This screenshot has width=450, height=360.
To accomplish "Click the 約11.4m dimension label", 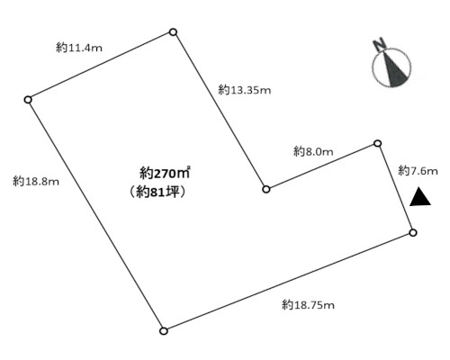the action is point(79,48).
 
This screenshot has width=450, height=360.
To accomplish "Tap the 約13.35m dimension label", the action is point(245,90).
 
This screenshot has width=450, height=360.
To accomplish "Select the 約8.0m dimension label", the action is point(313,151).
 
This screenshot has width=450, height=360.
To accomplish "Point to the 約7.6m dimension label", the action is point(418,171).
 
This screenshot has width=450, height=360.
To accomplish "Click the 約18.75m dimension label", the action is point(308,305).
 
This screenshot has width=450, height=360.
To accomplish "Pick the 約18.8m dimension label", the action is point(36,181).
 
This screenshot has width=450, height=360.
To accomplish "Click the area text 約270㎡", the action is point(165,173).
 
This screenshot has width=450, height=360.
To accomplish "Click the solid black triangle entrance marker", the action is point(420,198).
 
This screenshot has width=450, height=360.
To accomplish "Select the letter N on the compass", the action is point(380,44).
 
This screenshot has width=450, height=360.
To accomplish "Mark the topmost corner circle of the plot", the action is point(173,32).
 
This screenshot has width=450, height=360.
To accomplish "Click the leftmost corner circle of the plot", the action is point(28,100).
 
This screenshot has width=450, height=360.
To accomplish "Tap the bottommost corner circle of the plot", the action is point(164,331).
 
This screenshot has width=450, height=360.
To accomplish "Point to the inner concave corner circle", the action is point(266,189).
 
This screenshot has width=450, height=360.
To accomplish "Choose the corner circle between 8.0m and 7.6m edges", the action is point(378,144).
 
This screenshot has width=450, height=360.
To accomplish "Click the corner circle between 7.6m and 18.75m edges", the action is point(413,232).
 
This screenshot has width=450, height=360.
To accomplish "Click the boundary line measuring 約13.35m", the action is point(220,111).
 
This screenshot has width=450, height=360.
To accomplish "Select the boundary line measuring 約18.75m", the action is point(288,282).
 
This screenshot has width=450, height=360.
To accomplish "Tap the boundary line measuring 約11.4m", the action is point(101,66).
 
